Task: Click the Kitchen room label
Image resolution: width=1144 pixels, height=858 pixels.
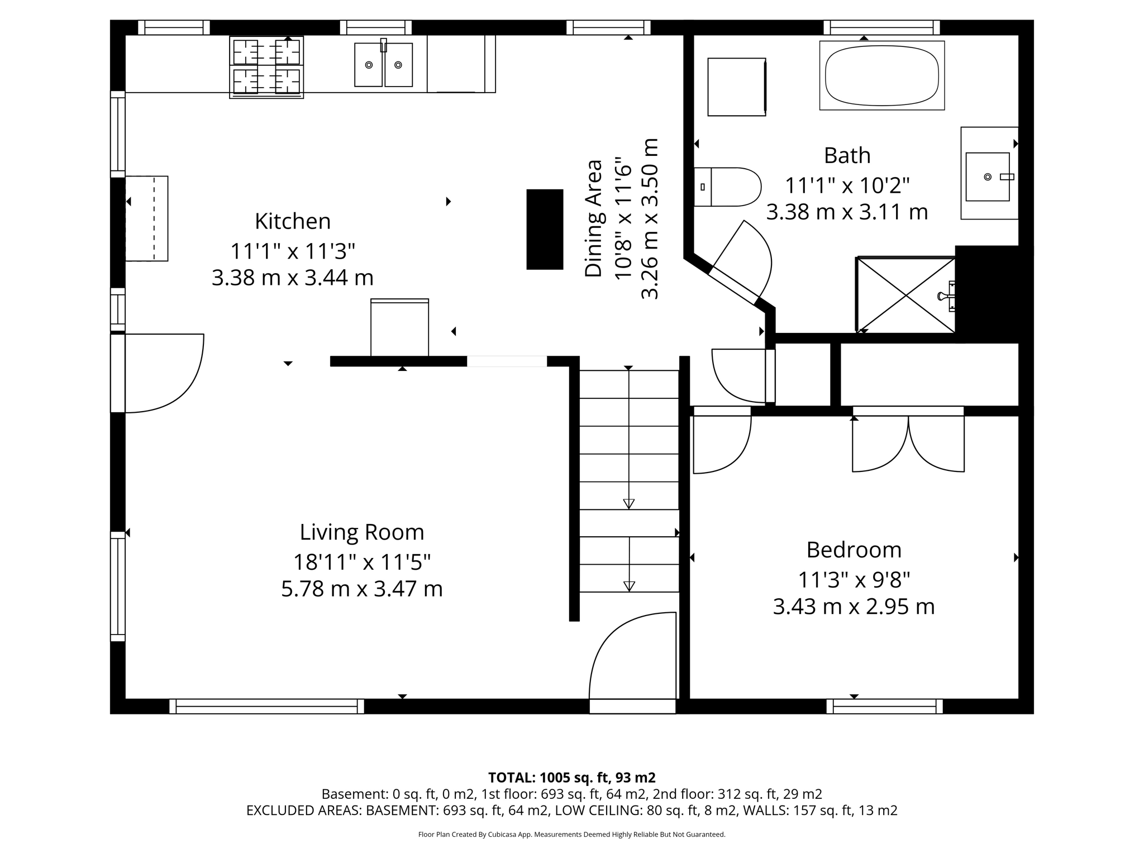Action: point(293,221)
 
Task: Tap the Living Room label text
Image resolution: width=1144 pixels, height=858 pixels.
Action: point(362,532)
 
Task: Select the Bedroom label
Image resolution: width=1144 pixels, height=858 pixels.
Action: point(854,550)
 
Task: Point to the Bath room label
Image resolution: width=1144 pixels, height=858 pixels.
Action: point(847,155)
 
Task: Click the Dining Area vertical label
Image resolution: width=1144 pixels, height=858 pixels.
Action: point(593,218)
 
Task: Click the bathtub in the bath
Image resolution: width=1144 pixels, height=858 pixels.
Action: point(881,75)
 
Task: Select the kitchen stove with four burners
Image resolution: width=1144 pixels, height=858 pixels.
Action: point(266,67)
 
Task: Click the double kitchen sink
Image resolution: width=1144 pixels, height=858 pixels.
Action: point(383,65)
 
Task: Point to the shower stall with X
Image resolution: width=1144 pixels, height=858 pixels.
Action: point(905,295)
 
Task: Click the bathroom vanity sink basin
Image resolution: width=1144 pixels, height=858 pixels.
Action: point(988,177)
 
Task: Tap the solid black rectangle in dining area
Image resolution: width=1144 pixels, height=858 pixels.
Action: point(545,230)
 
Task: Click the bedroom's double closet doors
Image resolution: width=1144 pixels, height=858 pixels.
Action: point(908,441)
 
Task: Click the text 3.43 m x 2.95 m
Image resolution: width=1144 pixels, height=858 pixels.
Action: point(854,607)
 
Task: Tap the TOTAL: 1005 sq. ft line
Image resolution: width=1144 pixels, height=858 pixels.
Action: point(571,778)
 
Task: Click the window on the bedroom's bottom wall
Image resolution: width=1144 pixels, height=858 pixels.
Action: point(884,706)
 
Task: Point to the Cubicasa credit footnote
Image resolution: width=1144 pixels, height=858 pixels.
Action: point(571,835)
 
